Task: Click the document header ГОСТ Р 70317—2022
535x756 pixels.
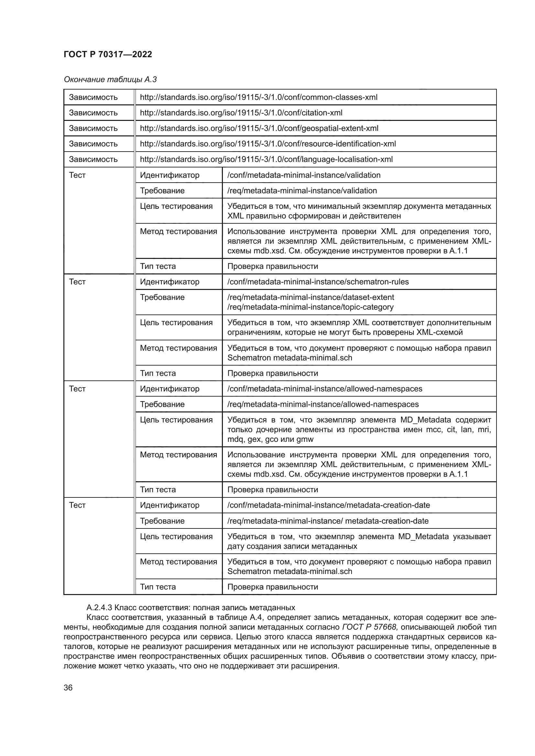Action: [108, 54]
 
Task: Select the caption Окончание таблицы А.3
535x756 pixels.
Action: [110, 80]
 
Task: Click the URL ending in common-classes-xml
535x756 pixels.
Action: [259, 97]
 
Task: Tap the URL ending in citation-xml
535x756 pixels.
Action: [241, 112]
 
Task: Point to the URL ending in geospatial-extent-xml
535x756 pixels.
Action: [259, 128]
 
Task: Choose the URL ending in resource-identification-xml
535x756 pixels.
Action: [268, 144]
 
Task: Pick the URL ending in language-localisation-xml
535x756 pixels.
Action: [266, 159]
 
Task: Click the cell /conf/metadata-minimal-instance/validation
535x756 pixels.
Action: [304, 175]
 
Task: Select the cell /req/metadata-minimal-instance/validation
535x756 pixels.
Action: [302, 191]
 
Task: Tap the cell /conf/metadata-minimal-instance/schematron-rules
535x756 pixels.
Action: [318, 282]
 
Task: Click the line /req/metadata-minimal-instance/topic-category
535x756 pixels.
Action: [310, 307]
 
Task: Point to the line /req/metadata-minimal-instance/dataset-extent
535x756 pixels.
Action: [311, 297]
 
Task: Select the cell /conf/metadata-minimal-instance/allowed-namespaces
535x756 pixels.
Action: [324, 389]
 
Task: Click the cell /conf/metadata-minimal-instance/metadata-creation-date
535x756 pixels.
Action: [328, 505]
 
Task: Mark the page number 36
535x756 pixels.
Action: [68, 688]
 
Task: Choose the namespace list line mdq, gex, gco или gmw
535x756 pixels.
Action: [270, 439]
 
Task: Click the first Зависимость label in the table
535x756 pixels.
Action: [93, 97]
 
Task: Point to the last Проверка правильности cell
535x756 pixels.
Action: [272, 587]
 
